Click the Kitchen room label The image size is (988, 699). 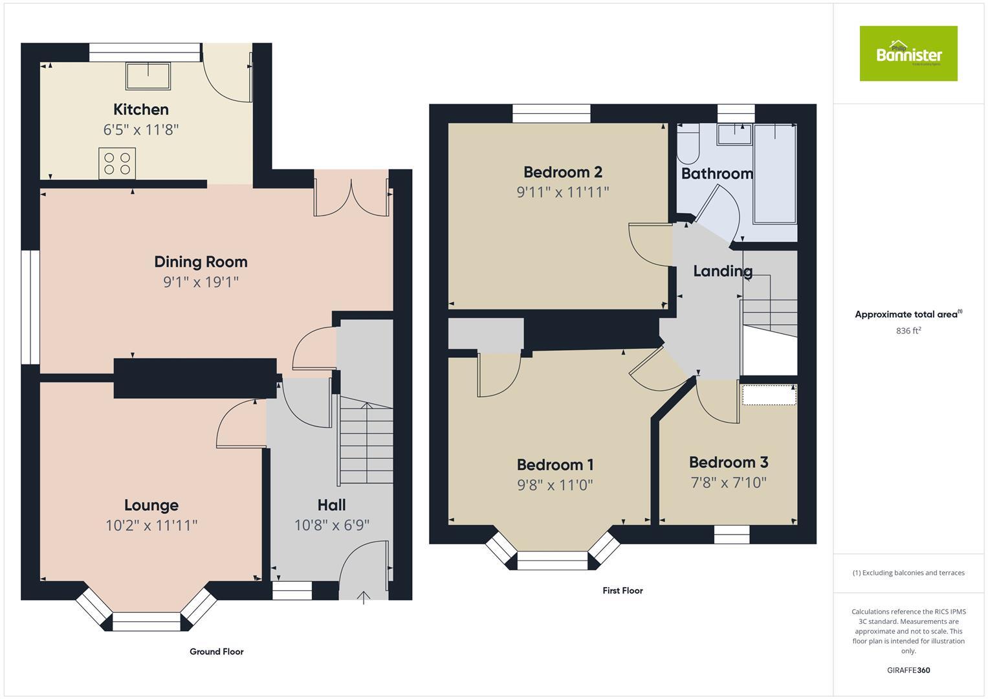pyautogui.click(x=141, y=109)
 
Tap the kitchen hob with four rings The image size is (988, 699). pyautogui.click(x=117, y=162)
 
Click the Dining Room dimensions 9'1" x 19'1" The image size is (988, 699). pyautogui.click(x=201, y=282)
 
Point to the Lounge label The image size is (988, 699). pyautogui.click(x=151, y=505)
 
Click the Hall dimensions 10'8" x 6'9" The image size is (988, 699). pyautogui.click(x=331, y=525)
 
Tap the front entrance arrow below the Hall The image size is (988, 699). pyautogui.click(x=364, y=596)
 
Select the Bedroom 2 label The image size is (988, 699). pyautogui.click(x=562, y=172)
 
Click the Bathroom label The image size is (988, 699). pyautogui.click(x=717, y=173)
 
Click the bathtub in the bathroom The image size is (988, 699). pyautogui.click(x=774, y=173)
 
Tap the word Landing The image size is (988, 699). pyautogui.click(x=723, y=271)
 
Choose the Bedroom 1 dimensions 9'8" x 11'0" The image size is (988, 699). pyautogui.click(x=554, y=485)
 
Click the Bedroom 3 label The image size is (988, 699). pyautogui.click(x=728, y=462)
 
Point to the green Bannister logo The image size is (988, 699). pyautogui.click(x=908, y=54)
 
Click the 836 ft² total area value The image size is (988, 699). pyautogui.click(x=908, y=331)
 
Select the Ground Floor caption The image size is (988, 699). pyautogui.click(x=216, y=652)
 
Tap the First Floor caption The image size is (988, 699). pyautogui.click(x=622, y=590)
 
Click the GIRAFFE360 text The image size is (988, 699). pyautogui.click(x=908, y=670)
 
